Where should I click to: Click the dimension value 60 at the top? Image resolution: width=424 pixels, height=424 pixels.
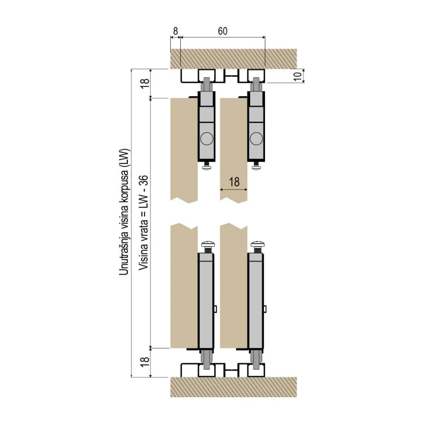(x=222, y=31)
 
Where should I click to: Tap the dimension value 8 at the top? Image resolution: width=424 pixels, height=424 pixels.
(x=176, y=31)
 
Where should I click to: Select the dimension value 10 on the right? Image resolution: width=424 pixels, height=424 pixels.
(x=297, y=77)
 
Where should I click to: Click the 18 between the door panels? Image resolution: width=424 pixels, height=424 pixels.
(x=234, y=182)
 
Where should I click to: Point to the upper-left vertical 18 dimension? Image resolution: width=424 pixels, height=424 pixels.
(x=145, y=83)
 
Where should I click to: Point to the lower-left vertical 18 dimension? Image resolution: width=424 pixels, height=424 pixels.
(x=145, y=361)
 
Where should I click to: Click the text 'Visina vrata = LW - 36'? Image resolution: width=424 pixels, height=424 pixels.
(x=144, y=222)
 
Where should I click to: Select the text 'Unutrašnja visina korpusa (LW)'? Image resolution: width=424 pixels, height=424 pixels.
(x=125, y=212)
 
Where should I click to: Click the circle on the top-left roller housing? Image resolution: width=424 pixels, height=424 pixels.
(x=207, y=139)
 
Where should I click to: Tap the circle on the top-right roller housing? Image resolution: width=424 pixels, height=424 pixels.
(x=256, y=139)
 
